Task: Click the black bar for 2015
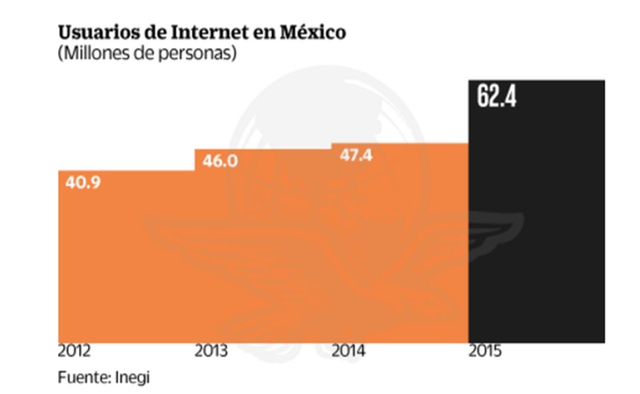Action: (536, 225)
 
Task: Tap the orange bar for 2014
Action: (400, 248)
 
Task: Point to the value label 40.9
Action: (83, 182)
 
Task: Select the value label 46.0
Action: (220, 160)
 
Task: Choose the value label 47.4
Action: (356, 155)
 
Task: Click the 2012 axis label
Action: (75, 351)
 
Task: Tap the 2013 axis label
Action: (211, 351)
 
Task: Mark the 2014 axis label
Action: (348, 351)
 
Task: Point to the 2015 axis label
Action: (485, 351)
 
